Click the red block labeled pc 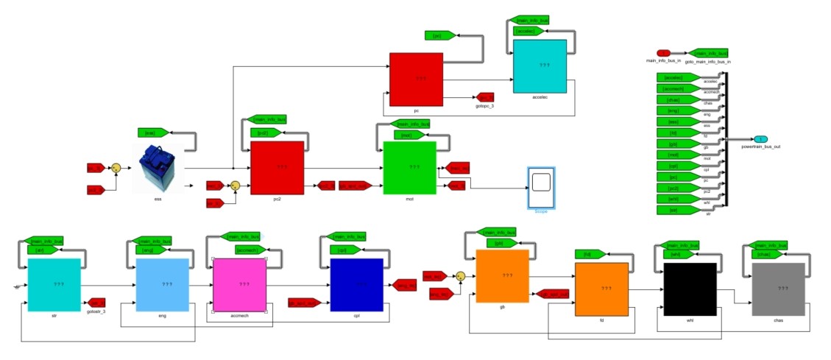point(416,79)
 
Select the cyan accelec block point(540,66)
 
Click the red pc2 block point(277,167)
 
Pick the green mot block point(410,168)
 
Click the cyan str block point(54,284)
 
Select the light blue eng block point(162,284)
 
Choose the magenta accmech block point(239,284)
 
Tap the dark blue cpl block point(357,284)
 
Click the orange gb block point(503,275)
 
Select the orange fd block point(601,289)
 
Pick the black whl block point(690,289)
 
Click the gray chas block point(778,289)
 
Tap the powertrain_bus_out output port point(760,139)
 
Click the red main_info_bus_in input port point(663,53)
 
